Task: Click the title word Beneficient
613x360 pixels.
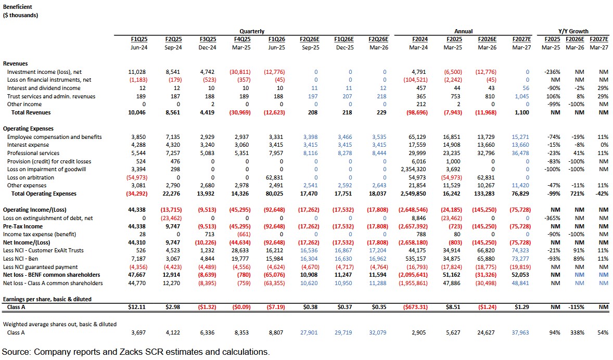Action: tap(18, 7)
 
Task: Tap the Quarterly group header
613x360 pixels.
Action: tap(252, 31)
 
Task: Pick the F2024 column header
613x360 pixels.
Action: tap(419, 39)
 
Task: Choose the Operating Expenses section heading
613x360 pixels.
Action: tap(28, 128)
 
